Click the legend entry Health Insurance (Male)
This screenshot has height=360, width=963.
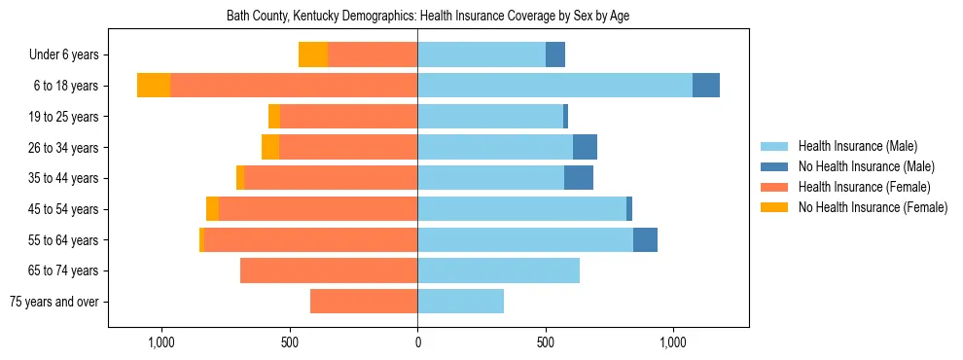click(857, 146)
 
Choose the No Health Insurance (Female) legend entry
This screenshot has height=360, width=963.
click(873, 207)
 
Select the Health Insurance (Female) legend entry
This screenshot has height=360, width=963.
click(864, 187)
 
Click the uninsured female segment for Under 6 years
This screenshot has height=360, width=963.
click(313, 54)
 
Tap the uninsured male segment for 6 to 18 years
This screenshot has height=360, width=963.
click(706, 86)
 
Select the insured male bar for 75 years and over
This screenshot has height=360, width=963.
click(460, 302)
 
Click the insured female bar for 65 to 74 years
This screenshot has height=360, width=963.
click(329, 270)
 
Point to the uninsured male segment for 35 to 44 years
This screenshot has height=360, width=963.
click(579, 178)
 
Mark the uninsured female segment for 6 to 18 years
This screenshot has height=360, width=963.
click(154, 86)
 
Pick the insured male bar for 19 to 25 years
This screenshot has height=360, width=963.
click(490, 117)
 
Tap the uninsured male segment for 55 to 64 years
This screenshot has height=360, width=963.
click(645, 239)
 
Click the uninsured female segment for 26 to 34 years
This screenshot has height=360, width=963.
click(270, 147)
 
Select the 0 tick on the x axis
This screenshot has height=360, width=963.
click(417, 342)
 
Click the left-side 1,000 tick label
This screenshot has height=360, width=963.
click(160, 342)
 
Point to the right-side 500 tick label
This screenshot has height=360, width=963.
click(546, 342)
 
